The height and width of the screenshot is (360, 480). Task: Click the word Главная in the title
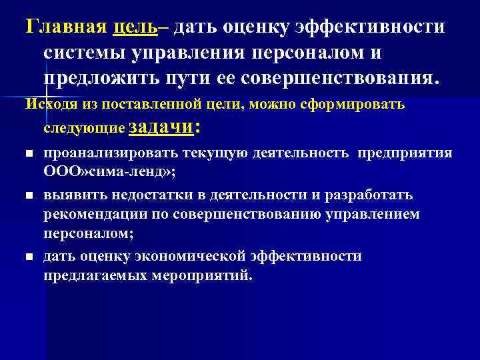point(64,28)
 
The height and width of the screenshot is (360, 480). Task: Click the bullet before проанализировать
point(29,155)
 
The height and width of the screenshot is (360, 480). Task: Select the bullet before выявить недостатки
point(29,196)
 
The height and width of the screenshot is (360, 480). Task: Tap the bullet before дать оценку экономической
point(29,257)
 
